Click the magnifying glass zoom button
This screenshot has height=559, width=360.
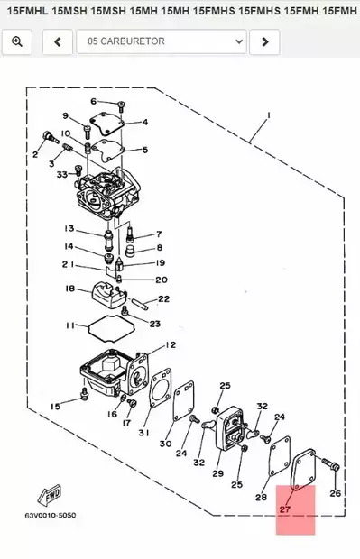point(17,41)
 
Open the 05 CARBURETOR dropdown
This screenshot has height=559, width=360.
point(161,41)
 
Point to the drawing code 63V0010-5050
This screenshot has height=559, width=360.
point(51,516)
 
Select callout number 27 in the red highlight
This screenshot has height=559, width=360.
point(285,509)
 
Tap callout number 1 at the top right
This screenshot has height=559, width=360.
point(268,116)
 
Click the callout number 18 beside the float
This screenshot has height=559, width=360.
point(69,289)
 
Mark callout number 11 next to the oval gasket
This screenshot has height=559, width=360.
point(69,325)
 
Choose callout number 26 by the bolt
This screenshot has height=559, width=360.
point(335,493)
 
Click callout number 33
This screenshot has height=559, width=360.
point(61,174)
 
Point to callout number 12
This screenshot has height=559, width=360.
point(171,344)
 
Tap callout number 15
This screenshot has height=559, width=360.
point(55,407)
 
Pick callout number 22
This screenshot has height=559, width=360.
point(163,298)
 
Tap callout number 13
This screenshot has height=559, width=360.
point(69,228)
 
